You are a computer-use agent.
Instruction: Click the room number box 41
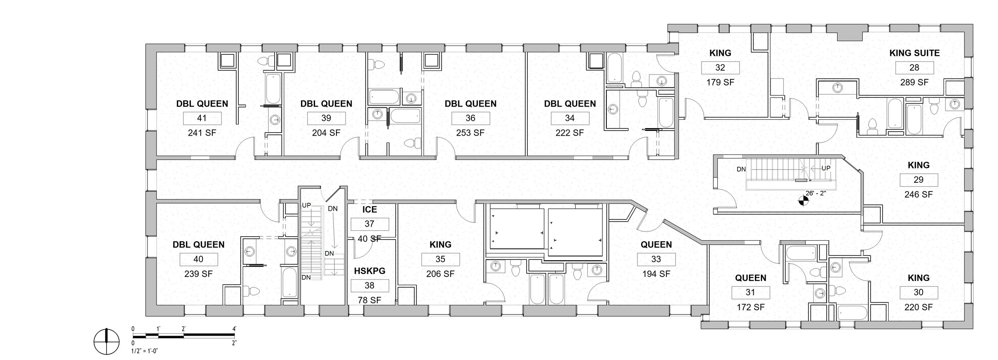click(202, 118)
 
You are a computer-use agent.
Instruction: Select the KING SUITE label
click(914, 53)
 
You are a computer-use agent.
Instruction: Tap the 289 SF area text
click(914, 82)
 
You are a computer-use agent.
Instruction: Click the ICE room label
click(369, 209)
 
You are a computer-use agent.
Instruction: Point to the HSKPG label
click(369, 271)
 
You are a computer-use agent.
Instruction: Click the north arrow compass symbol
click(107, 342)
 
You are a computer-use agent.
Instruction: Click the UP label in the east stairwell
click(826, 168)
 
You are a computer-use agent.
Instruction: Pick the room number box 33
click(656, 259)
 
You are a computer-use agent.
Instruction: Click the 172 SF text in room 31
click(750, 307)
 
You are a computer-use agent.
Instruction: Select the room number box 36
click(470, 118)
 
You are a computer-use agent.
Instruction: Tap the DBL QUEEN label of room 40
click(198, 244)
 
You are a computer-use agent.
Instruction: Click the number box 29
click(918, 180)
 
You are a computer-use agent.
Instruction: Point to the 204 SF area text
click(326, 133)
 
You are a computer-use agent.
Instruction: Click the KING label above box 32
click(720, 53)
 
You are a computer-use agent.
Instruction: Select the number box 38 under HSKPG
click(369, 285)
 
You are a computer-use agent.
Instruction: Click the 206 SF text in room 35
click(440, 274)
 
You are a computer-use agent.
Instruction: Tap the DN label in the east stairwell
click(741, 169)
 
